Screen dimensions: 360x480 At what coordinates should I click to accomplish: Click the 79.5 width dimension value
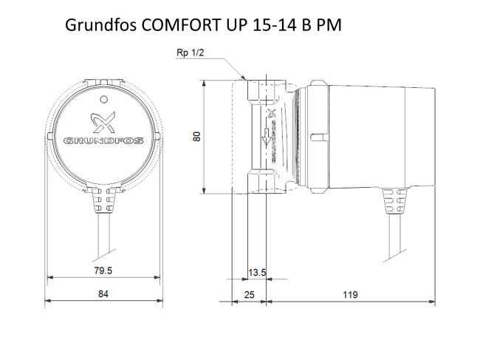click(103, 272)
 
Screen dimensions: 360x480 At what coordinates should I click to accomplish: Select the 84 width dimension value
click(103, 294)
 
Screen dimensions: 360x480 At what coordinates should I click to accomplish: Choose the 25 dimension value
click(249, 294)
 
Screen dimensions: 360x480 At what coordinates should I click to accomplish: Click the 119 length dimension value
click(350, 294)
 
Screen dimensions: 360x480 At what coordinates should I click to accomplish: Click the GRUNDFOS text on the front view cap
click(103, 139)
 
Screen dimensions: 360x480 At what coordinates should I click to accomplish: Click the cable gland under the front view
click(103, 200)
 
